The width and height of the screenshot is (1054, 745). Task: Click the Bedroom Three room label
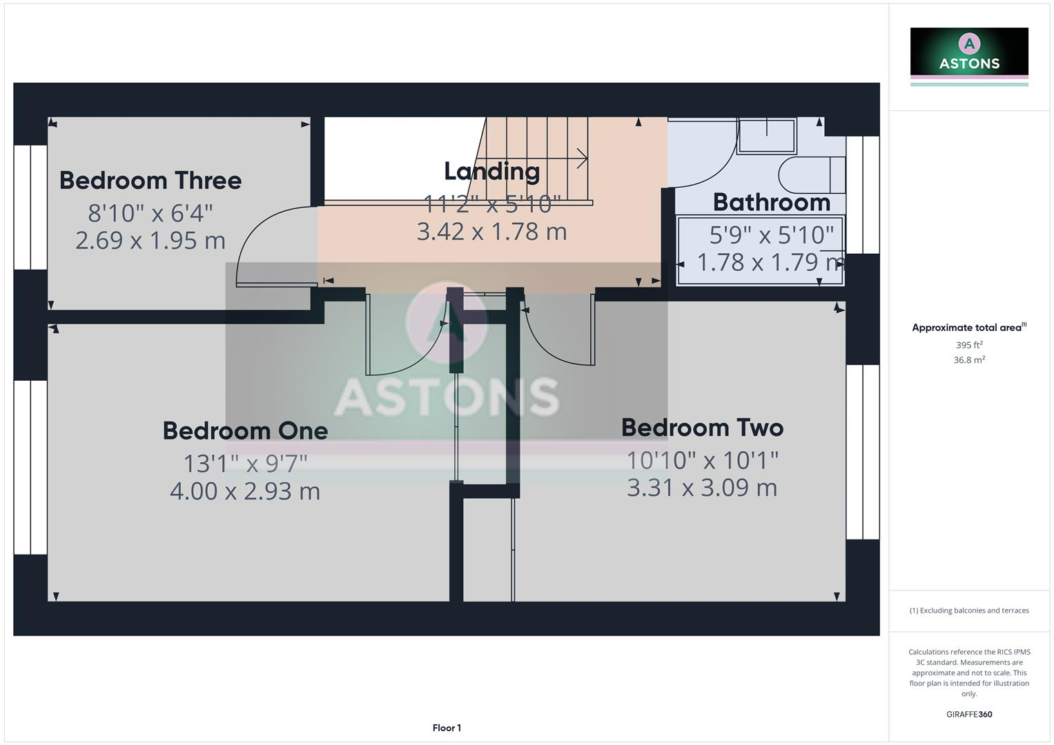[150, 181]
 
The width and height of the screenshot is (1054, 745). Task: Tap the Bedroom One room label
[245, 431]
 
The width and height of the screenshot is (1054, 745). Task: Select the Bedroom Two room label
[702, 428]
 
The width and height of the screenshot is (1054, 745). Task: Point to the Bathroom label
[771, 203]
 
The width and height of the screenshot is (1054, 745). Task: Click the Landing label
[491, 171]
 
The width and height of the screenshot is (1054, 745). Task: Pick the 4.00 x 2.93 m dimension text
[245, 491]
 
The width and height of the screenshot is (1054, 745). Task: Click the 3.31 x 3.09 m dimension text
[702, 488]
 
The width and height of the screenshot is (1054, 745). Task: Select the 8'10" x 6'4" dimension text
[150, 213]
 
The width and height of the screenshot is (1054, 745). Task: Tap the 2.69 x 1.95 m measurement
[150, 241]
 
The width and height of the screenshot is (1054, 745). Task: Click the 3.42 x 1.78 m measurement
[491, 232]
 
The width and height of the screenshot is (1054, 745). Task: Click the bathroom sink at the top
[766, 136]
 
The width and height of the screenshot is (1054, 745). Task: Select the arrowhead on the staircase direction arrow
[583, 159]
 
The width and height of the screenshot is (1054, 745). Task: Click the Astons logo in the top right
[969, 54]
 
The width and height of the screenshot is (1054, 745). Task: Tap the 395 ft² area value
[969, 345]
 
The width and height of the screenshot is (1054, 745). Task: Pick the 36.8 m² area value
[969, 360]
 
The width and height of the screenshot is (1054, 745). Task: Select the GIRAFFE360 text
[969, 715]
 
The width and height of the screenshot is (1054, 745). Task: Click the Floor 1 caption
[447, 728]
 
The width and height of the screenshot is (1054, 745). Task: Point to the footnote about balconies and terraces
[969, 610]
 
